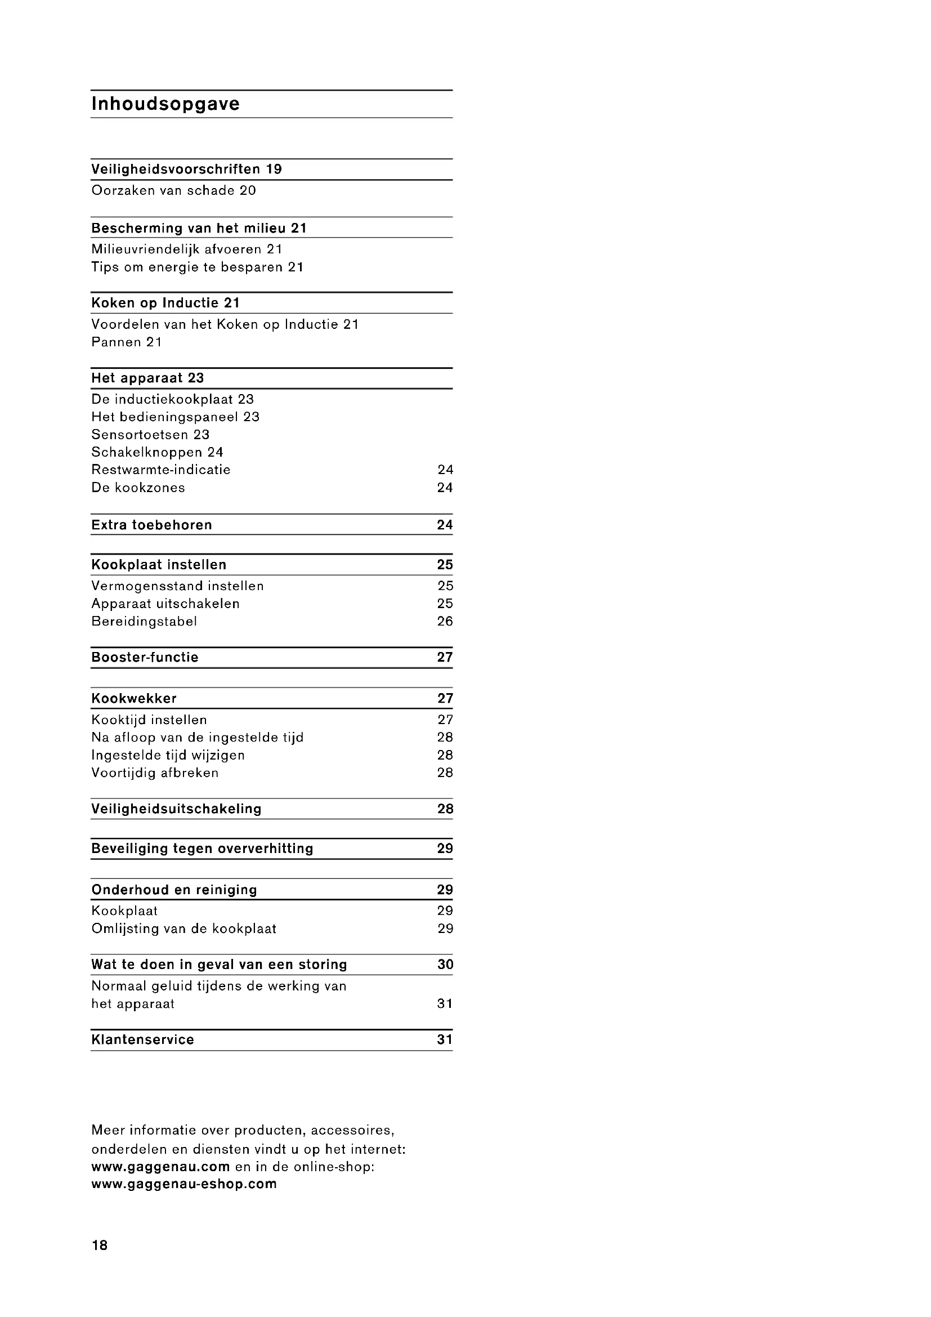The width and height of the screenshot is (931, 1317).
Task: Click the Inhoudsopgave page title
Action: coord(165,104)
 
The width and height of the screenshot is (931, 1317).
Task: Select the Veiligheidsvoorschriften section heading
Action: coord(178,169)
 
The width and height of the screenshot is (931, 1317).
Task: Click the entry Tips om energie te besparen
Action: coord(189,267)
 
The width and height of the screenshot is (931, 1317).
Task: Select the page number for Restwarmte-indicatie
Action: coord(445,470)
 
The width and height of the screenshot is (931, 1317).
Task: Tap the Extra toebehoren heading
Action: coord(151,525)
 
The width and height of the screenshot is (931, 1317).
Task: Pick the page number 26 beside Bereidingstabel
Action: coord(445,621)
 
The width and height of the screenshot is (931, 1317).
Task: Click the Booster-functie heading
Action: coord(145,657)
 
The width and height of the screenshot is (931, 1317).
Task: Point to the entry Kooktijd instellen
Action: coord(149,720)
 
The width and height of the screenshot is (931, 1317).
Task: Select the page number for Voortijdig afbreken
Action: coord(445,773)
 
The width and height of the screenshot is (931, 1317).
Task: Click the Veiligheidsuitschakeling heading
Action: coord(176,809)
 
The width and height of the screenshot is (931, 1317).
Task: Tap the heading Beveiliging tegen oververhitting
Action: coord(202,849)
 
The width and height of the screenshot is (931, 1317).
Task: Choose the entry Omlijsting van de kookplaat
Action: coord(183,928)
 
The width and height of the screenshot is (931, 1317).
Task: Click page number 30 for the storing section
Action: coord(445,965)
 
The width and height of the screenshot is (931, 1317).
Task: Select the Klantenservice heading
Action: coord(142,1040)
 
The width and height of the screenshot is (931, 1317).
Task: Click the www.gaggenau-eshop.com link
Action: coord(183,1184)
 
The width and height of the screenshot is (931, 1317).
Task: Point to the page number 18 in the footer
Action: coord(99,1245)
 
